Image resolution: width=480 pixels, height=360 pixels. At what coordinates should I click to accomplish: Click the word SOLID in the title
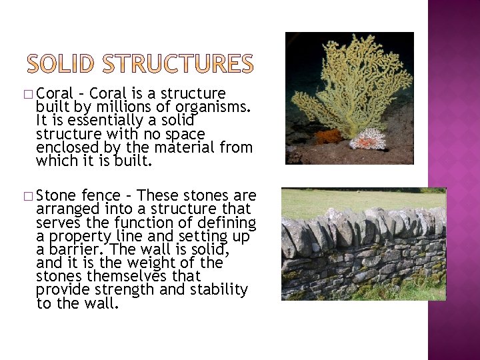[64, 63]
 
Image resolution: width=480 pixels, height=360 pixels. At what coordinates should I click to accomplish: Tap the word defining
[227, 223]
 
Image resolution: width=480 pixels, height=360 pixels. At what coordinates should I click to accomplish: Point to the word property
[77, 237]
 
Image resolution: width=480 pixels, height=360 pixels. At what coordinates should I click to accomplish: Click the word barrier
[77, 250]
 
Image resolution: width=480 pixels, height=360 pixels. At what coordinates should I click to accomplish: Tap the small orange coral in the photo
[328, 137]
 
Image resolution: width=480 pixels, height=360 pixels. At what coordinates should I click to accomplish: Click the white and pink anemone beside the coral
[367, 139]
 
